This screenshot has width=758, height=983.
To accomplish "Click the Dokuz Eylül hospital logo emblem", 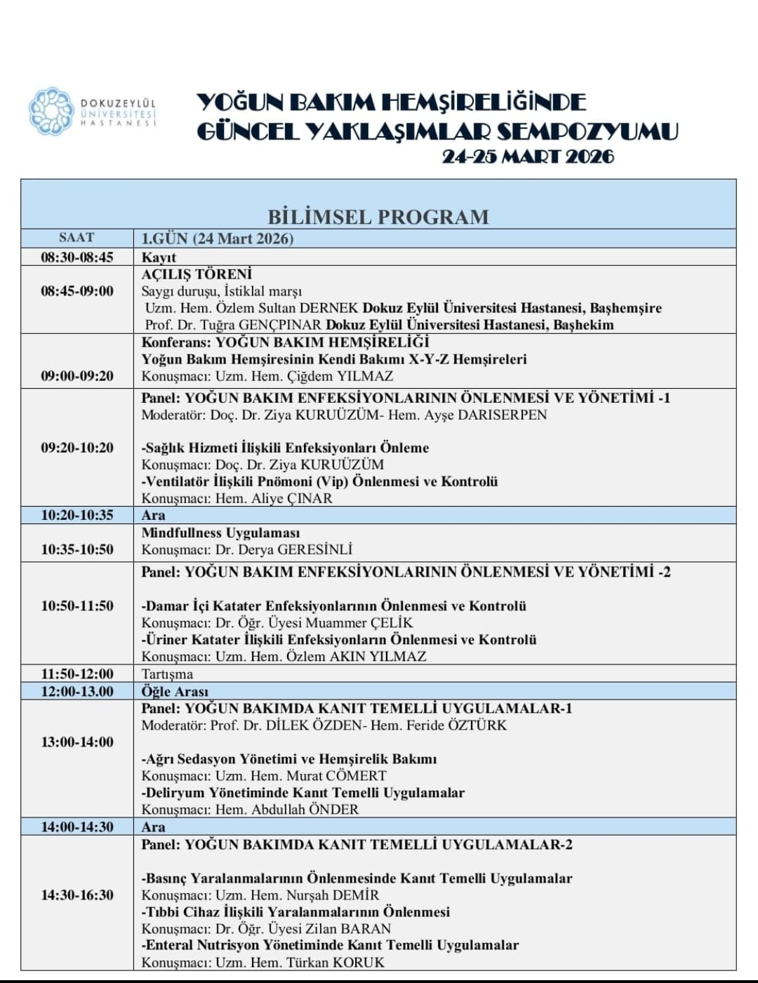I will pyautogui.click(x=51, y=112).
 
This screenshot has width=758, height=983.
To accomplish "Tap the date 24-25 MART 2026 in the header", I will pyautogui.click(x=527, y=156).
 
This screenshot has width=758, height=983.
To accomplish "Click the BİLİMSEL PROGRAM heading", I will pyautogui.click(x=378, y=217).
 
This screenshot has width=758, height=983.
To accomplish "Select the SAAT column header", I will pyautogui.click(x=77, y=238).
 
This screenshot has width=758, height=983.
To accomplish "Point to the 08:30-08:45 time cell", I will pyautogui.click(x=77, y=257).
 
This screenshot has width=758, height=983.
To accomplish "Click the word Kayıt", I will pyautogui.click(x=159, y=258).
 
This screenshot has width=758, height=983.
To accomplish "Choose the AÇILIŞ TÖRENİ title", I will pyautogui.click(x=197, y=274).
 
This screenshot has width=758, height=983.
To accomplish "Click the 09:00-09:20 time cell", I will pyautogui.click(x=77, y=376).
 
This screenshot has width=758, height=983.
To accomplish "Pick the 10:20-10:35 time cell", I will pyautogui.click(x=77, y=515).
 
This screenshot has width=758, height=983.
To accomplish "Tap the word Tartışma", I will pyautogui.click(x=167, y=674).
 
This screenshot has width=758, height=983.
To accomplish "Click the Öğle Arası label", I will pyautogui.click(x=175, y=692).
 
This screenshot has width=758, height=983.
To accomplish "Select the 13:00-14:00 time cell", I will pyautogui.click(x=77, y=742).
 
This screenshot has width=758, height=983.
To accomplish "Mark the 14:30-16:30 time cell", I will pyautogui.click(x=77, y=895).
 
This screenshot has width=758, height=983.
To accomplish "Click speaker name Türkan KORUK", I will pyautogui.click(x=335, y=963).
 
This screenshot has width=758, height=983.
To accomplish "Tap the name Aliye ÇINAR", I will pyautogui.click(x=292, y=499).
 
